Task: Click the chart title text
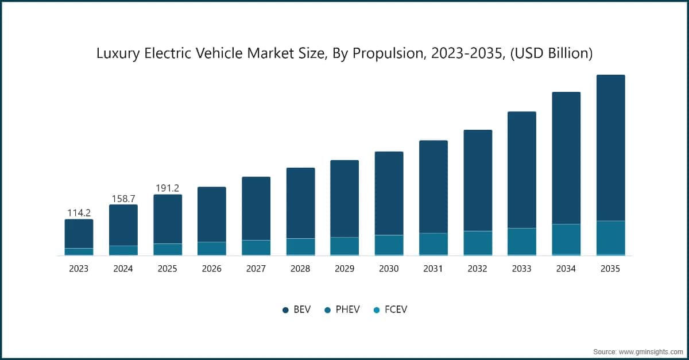click(x=344, y=54)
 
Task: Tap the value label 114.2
click(x=79, y=212)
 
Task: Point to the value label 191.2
click(x=168, y=188)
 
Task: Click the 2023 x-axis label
click(x=79, y=269)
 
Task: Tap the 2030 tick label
click(x=389, y=269)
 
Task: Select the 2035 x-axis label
click(x=610, y=269)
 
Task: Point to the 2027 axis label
click(x=256, y=269)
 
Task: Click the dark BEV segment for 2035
click(x=610, y=148)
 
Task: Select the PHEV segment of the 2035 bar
click(x=610, y=237)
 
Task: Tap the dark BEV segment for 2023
click(x=79, y=234)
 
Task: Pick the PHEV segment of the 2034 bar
click(x=566, y=239)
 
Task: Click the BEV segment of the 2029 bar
click(x=344, y=199)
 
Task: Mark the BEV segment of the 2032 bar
click(x=478, y=180)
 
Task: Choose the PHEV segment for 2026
click(x=211, y=248)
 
